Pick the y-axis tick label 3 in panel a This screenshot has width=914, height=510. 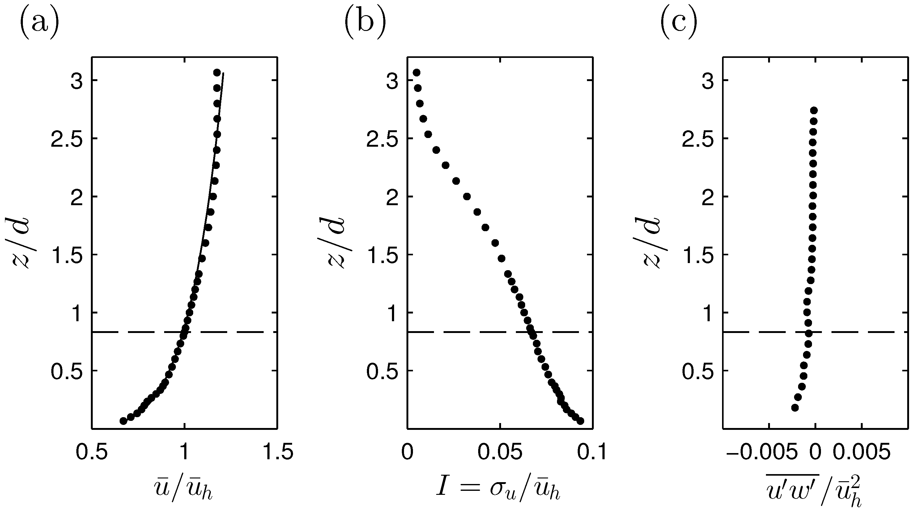point(77,80)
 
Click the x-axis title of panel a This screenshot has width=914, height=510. point(183,492)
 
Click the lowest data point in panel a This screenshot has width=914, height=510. point(123,421)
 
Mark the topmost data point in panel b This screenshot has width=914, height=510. point(417,72)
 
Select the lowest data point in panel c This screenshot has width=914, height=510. point(795,408)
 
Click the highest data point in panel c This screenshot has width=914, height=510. point(814,110)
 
